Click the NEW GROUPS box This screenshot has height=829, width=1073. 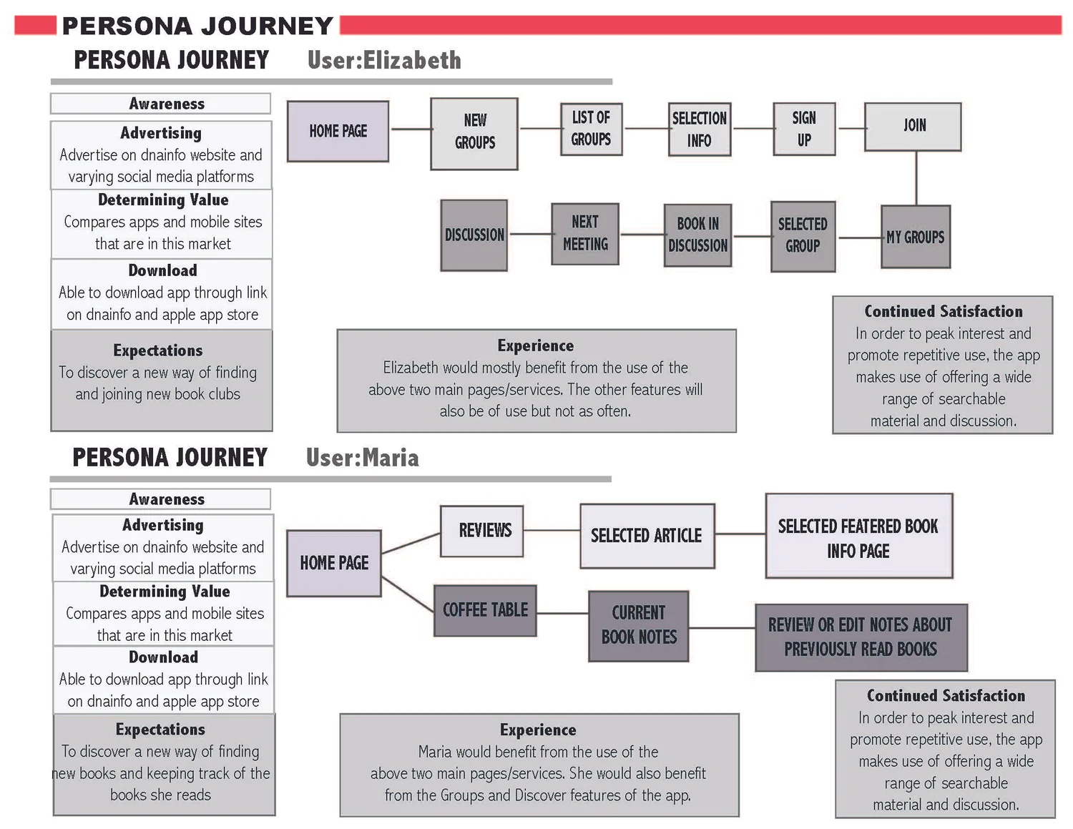point(474,134)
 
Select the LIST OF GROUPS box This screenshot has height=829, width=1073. point(591,129)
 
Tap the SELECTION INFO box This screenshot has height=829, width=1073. point(700,129)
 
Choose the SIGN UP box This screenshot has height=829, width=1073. point(804,129)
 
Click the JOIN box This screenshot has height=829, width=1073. point(913,127)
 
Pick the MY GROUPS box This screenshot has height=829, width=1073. point(916,237)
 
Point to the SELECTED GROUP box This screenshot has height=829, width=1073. point(803,236)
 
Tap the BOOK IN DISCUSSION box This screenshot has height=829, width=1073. point(697,235)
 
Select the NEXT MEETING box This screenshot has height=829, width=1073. point(585,234)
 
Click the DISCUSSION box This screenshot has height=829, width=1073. point(474,235)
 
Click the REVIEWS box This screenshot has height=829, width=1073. point(482,531)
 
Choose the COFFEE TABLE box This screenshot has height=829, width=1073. point(485,610)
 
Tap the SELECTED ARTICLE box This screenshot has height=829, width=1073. point(647,536)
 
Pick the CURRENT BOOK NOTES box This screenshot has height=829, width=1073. point(639,626)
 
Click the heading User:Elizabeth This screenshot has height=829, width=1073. point(384,60)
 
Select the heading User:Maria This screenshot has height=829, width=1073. point(362,458)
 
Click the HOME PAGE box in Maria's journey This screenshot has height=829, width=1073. point(334,563)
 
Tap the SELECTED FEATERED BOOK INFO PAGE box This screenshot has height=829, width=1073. point(858,536)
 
